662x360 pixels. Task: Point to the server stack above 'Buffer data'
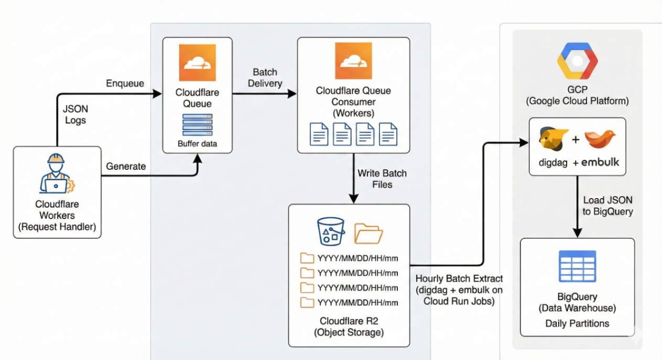[197, 125]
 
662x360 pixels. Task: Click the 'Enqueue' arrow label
[125, 83]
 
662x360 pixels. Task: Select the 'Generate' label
[126, 166]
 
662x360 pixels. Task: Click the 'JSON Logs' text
[75, 115]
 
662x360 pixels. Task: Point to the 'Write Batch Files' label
[382, 178]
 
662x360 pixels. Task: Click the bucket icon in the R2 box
[331, 230]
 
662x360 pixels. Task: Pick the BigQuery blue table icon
[577, 266]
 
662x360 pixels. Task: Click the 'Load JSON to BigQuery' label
[608, 206]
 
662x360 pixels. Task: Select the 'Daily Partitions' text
[577, 323]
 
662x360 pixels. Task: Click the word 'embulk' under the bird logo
[600, 162]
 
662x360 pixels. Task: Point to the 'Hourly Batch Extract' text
[459, 278]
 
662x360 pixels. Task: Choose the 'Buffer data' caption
[197, 143]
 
